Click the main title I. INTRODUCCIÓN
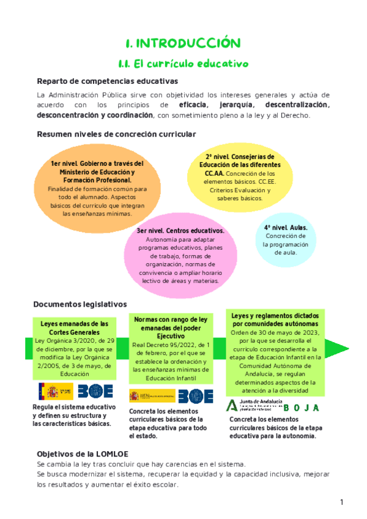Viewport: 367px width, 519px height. coord(183,43)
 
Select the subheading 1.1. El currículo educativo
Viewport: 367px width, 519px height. coord(183,63)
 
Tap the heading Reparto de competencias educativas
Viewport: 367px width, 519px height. coord(107,81)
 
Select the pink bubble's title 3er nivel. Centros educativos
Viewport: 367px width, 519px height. coord(180,231)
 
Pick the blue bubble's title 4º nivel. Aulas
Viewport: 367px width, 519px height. coord(286,228)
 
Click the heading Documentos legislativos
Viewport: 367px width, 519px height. coord(80,304)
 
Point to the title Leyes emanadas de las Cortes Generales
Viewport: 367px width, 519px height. coord(70,327)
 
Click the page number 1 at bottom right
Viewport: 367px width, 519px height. coord(343,502)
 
